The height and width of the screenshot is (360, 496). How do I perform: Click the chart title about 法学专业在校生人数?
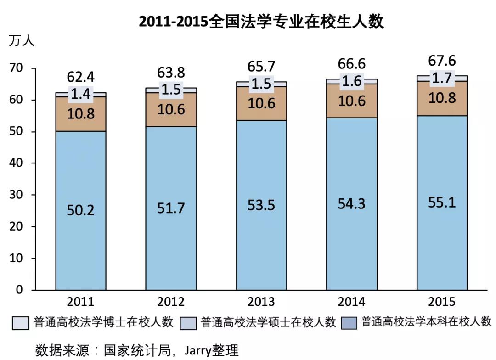(261, 22)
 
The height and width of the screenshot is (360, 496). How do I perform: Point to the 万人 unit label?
(22, 41)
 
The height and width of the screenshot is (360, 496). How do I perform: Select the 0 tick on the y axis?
(19, 290)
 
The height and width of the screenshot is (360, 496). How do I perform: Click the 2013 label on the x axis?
(261, 302)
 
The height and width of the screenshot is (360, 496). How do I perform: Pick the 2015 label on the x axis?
(442, 302)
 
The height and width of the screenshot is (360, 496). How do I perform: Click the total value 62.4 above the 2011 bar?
(80, 77)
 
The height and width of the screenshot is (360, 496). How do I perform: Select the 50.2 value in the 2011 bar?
(80, 210)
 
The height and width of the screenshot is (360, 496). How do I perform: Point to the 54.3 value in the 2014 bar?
(351, 203)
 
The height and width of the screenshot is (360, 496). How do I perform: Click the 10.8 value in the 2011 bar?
(80, 113)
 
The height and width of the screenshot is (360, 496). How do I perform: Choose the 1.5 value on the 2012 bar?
(171, 90)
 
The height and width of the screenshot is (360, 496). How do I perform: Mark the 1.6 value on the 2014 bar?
(351, 81)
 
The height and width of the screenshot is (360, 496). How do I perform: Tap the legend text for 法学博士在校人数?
(103, 322)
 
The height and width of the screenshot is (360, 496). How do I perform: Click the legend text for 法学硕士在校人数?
(269, 322)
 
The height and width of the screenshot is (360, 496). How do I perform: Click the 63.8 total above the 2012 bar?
(171, 73)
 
